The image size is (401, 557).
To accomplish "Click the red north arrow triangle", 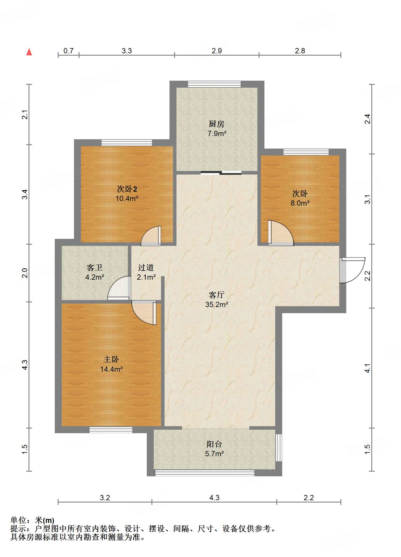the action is point(29,52).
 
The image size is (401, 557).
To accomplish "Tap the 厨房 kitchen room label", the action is point(217,124).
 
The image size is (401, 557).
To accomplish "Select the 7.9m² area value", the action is point(217,134).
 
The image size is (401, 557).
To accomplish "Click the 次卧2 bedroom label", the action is point(127,189).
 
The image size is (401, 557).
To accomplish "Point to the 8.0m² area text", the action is point(300,203).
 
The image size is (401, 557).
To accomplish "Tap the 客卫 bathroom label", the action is point(95,267).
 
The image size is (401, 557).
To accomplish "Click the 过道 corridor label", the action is point(146,267).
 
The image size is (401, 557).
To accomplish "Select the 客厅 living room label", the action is point(217,295).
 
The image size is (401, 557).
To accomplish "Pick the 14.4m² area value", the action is point(111,369).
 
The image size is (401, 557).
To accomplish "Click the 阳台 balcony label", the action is point(214,444).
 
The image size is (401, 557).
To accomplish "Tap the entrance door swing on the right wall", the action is point(352,270).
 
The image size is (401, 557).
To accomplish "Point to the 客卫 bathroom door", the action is point(119,288).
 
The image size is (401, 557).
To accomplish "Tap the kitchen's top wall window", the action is point(214,84).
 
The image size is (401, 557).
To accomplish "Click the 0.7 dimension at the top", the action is point(68,51).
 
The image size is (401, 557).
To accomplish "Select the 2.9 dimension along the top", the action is point(217,51).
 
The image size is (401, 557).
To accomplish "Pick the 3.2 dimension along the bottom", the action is point(105,498).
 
